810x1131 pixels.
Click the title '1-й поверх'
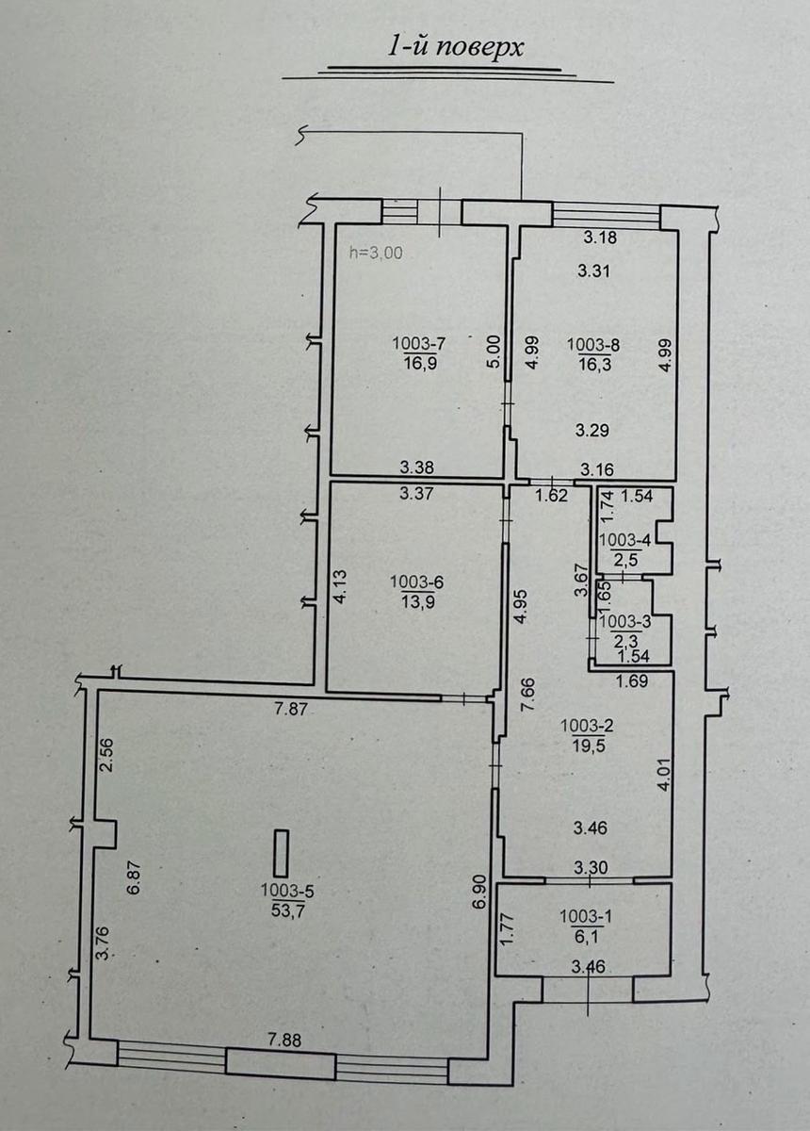click(455, 48)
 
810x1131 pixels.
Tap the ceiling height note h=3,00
click(377, 253)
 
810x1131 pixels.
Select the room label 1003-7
click(419, 344)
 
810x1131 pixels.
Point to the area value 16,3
click(595, 365)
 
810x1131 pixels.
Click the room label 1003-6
click(417, 582)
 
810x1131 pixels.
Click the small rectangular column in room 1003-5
click(281, 853)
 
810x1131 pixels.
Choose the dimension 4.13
click(341, 586)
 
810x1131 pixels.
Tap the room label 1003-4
click(624, 540)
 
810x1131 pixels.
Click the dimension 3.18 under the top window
click(600, 237)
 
